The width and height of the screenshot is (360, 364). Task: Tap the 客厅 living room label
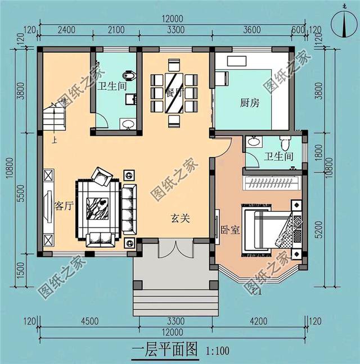click(64, 206)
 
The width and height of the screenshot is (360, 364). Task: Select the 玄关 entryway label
click(181, 219)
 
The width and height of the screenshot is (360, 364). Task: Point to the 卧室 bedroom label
click(230, 230)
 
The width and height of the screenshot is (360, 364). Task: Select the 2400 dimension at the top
click(67, 30)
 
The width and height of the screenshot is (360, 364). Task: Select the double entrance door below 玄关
click(175, 248)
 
